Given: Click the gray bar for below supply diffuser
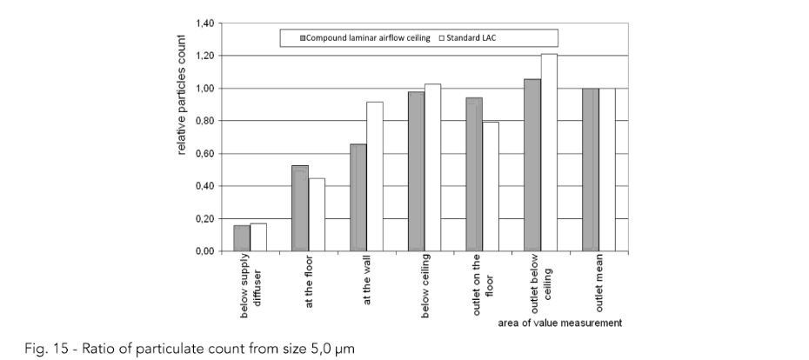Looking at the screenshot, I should tap(242, 238).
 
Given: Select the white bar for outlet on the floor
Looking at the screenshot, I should tap(490, 187).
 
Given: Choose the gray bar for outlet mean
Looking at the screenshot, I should tap(590, 170).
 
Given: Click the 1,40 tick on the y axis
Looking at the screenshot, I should tap(205, 23).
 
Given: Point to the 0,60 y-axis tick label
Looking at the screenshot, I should tap(205, 154).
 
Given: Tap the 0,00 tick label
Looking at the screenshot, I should tap(205, 251).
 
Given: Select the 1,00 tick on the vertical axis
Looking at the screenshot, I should tap(205, 89).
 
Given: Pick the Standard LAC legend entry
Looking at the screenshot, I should tap(476, 38).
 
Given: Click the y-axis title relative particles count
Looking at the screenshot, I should tap(182, 95).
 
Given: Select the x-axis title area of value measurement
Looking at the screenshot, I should tap(560, 323).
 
